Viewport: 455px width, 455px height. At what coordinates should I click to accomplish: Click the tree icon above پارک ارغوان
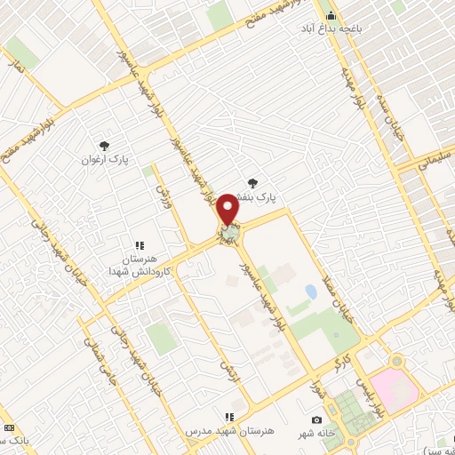click(x=105, y=145)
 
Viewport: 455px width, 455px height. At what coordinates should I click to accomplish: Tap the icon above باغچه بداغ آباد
click(x=331, y=15)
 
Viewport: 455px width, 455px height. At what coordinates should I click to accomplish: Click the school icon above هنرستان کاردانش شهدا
click(x=139, y=244)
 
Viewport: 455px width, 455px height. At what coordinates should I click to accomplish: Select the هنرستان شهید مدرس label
click(x=220, y=430)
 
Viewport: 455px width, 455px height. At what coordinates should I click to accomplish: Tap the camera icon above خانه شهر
click(x=316, y=419)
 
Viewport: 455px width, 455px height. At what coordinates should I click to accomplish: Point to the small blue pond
click(x=310, y=291)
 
